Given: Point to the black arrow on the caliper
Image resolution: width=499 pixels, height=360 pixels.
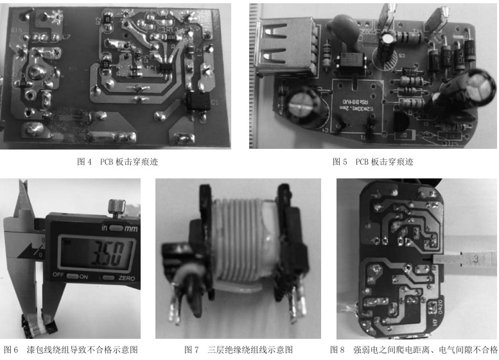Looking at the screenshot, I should click(x=32, y=247).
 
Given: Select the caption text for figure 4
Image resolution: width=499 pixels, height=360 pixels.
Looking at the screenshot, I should click(x=118, y=162).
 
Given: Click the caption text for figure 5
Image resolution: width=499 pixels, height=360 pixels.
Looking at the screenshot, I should click(x=373, y=162).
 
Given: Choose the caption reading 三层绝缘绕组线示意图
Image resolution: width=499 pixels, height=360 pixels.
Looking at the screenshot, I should click(x=238, y=350).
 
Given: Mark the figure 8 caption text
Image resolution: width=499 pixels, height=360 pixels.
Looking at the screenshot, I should click(x=414, y=350).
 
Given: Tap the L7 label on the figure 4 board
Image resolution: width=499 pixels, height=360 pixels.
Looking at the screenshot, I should click(x=66, y=37).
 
